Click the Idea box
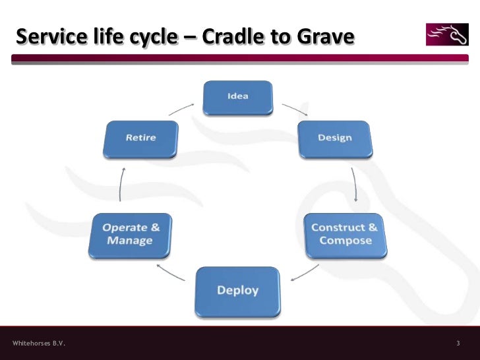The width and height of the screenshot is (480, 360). coord(237,97)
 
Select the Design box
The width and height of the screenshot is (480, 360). coord(334,138)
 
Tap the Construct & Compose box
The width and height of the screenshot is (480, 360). coord(344,234)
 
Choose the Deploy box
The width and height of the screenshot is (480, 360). coord(237,291)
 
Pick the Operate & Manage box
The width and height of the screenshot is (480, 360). coord(131,234)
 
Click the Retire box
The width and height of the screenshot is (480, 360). coord(140,138)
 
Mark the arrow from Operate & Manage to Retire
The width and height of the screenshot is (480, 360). coord(121,184)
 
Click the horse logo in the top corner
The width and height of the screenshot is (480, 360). coord(448,34)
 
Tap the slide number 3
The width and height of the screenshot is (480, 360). coord(458,344)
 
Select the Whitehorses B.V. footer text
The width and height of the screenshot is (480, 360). coord(39,344)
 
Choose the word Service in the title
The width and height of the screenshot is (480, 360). coord(50,36)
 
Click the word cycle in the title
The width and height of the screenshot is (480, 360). coord(151,38)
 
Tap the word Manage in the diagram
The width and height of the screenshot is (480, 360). coord(130,241)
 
